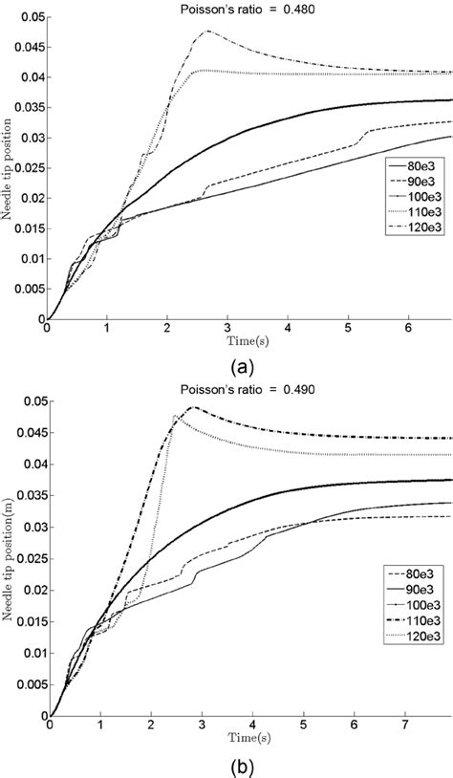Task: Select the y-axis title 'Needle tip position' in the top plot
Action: point(9,169)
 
